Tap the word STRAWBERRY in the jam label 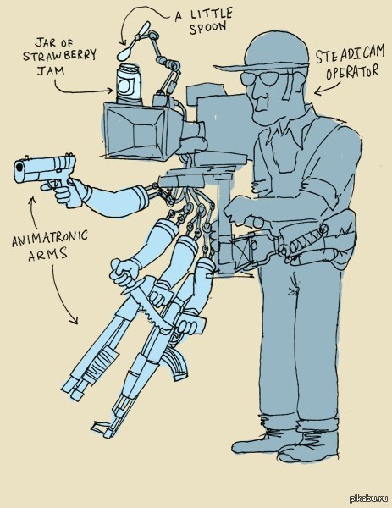[59, 56]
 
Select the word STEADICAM [350, 54]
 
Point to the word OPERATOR [352, 72]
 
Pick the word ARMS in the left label [47, 254]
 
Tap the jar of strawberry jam [129, 85]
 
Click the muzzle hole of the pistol [20, 168]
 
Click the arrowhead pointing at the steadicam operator [318, 92]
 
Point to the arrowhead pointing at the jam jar [111, 91]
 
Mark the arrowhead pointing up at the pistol [31, 200]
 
